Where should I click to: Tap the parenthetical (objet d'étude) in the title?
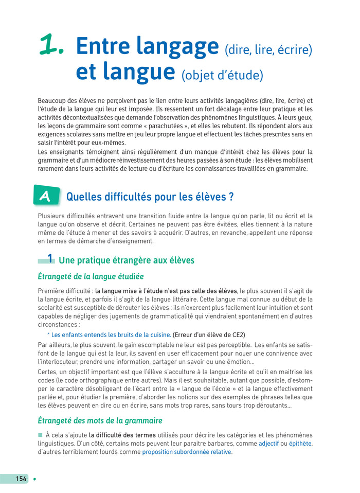click(x=222, y=76)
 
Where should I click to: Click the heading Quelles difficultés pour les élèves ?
click(x=150, y=197)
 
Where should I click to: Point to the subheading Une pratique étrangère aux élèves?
click(x=127, y=260)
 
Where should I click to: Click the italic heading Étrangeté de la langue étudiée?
click(x=91, y=277)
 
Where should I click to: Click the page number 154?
click(x=21, y=479)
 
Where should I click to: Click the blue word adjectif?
click(x=272, y=443)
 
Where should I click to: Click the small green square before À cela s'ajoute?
click(x=40, y=435)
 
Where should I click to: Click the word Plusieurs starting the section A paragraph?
click(x=53, y=216)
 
